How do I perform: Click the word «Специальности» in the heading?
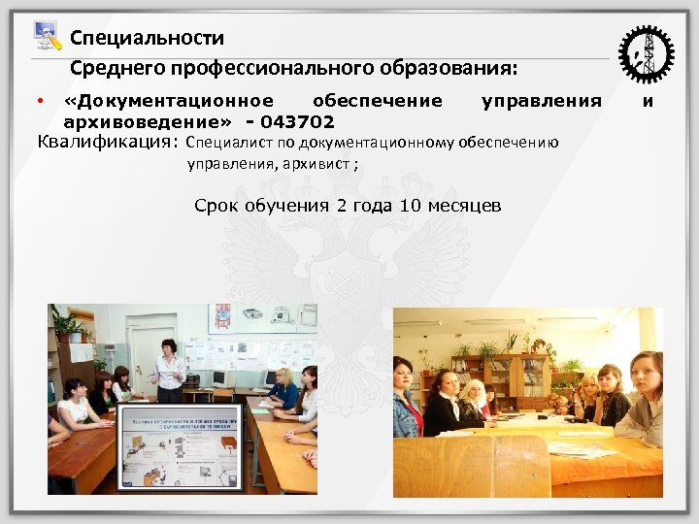[x=147, y=38]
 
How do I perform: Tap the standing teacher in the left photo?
[x=170, y=369]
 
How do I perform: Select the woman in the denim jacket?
[x=406, y=398]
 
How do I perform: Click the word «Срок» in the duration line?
[x=214, y=206]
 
